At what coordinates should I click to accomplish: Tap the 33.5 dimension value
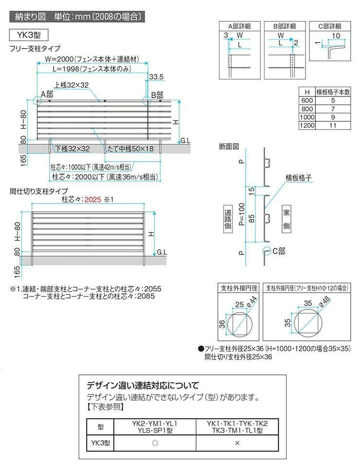[x=157, y=76]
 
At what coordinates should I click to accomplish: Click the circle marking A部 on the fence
[x=37, y=101]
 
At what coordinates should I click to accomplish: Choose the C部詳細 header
[x=325, y=26]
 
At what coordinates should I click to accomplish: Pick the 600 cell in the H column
[x=307, y=100]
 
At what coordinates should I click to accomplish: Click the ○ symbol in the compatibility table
[x=154, y=443]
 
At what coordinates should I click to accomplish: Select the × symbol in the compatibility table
[x=237, y=443]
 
